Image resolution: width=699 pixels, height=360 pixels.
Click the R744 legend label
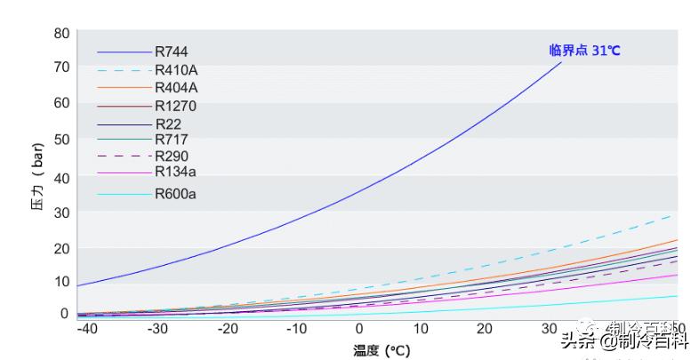[171, 52]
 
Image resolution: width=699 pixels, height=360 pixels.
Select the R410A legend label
[177, 70]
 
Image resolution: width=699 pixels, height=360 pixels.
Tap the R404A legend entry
[177, 87]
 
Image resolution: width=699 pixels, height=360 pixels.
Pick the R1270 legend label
[175, 106]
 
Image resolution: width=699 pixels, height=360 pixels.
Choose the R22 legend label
[168, 124]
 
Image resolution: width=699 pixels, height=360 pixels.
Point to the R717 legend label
[171, 140]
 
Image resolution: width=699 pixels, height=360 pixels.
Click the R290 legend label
[171, 156]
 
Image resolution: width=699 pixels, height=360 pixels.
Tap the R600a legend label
[175, 194]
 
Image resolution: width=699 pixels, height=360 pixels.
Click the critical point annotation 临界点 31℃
[584, 51]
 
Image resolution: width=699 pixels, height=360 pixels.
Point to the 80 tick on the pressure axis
[61, 34]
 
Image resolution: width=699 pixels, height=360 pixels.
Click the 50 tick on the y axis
[61, 139]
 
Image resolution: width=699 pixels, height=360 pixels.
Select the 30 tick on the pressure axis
[61, 212]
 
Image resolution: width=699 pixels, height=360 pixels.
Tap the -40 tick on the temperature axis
[85, 329]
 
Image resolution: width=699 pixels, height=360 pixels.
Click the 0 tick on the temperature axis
[358, 329]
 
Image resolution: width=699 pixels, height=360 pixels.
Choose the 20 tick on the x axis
[485, 329]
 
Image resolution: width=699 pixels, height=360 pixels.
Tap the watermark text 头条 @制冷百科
[623, 340]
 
